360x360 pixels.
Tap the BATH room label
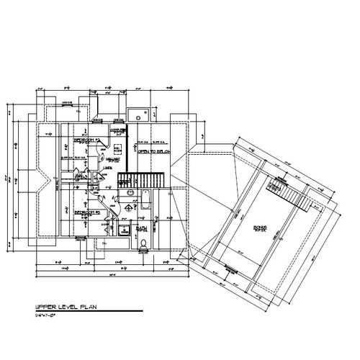click(x=142, y=230)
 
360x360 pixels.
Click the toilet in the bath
click(x=143, y=243)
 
